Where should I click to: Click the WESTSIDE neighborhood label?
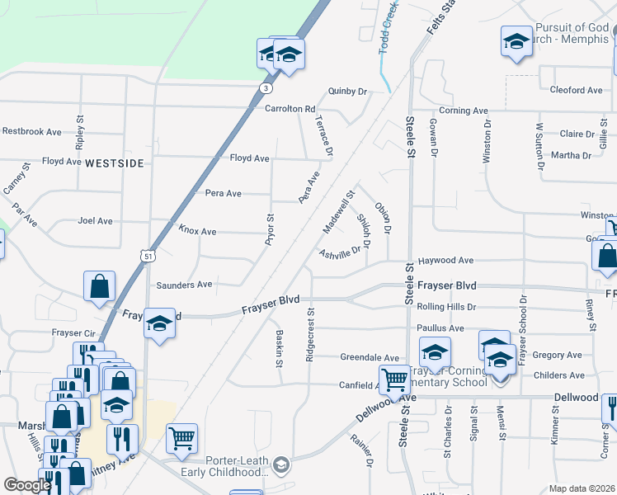(114, 163)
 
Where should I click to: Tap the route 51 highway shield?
(146, 257)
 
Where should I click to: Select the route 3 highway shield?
(265, 87)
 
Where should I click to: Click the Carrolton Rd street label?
(290, 109)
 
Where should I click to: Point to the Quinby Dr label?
(346, 92)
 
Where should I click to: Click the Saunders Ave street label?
(184, 285)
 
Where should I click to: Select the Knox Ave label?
(197, 232)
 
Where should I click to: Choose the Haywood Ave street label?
(445, 261)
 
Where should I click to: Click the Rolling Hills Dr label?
(447, 307)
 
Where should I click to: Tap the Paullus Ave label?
(440, 328)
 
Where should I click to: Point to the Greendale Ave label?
(370, 357)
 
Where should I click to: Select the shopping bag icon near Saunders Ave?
(99, 288)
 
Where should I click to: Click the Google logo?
(27, 485)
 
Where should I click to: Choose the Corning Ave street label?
(464, 111)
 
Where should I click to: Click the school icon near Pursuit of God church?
(516, 42)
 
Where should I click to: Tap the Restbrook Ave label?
(31, 131)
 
